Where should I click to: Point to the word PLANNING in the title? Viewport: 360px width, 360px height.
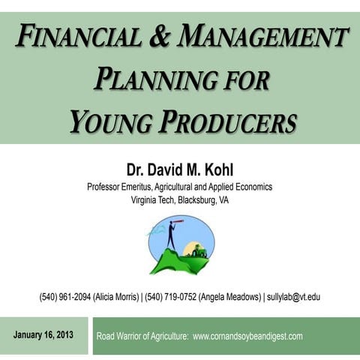click(150, 78)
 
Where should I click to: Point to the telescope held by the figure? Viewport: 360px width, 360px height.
click(176, 223)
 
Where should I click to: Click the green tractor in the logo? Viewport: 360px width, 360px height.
click(199, 252)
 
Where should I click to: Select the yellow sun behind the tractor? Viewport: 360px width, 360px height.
click(190, 247)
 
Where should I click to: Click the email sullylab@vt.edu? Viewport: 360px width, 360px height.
click(294, 297)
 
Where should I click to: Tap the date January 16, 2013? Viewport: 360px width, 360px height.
click(43, 334)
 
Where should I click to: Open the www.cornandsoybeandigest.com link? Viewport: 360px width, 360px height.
click(247, 336)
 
